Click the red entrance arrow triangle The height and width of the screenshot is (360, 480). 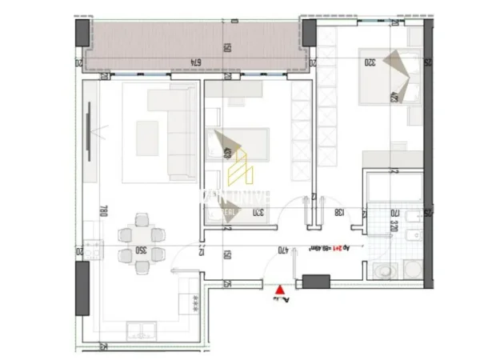[278, 292]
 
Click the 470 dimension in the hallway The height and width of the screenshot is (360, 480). [283, 251]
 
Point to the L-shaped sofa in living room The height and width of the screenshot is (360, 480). [172, 128]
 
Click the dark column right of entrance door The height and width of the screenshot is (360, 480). [316, 282]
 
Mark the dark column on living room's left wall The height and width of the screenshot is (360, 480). [82, 288]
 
